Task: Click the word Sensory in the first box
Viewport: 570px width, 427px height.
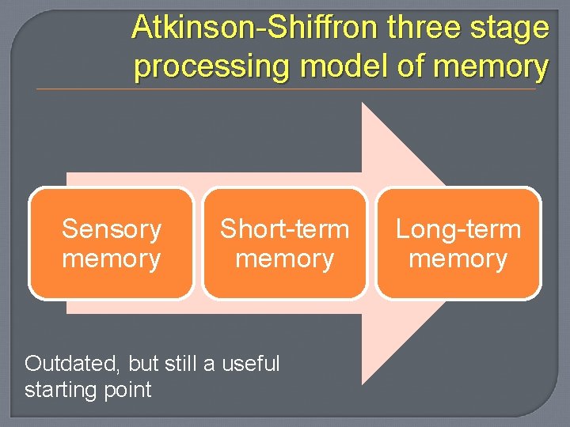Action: [x=112, y=229]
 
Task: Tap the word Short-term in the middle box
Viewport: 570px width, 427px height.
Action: [x=284, y=229]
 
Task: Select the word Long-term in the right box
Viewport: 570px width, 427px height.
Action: [x=458, y=229]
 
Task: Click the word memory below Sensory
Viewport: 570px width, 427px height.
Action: [x=112, y=259]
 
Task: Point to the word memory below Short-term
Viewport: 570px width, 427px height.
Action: [x=284, y=259]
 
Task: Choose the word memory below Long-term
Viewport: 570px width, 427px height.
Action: [x=458, y=259]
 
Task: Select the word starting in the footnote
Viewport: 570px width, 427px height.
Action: [x=58, y=390]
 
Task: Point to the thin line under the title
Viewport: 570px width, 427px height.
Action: [x=285, y=89]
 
